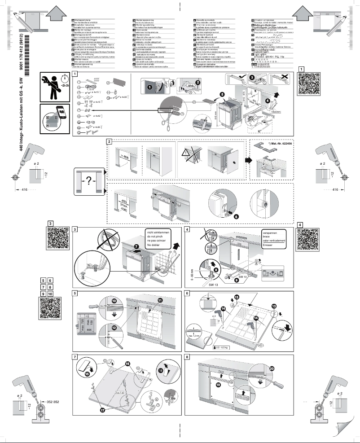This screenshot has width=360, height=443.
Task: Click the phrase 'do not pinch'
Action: point(154,236)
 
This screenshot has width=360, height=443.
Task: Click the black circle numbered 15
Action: point(87,373)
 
